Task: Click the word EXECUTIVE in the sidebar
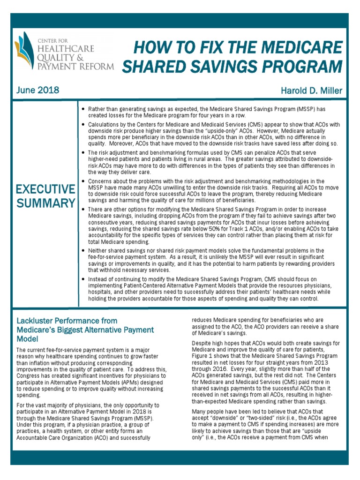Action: pyautogui.click(x=45, y=189)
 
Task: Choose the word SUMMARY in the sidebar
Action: pyautogui.click(x=45, y=203)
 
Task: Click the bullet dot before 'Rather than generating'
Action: pyautogui.click(x=83, y=109)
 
